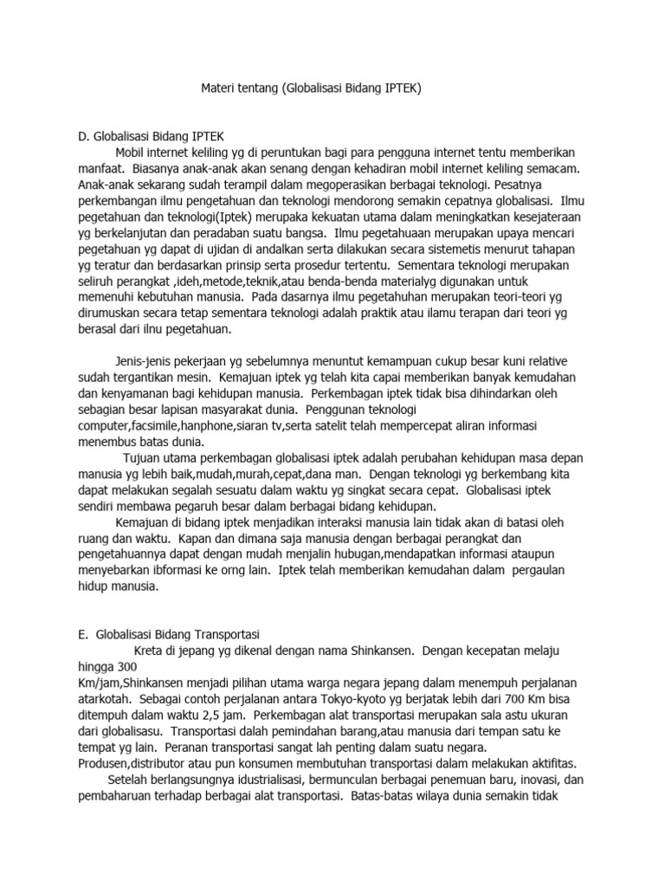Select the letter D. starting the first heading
pos(85,135)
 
